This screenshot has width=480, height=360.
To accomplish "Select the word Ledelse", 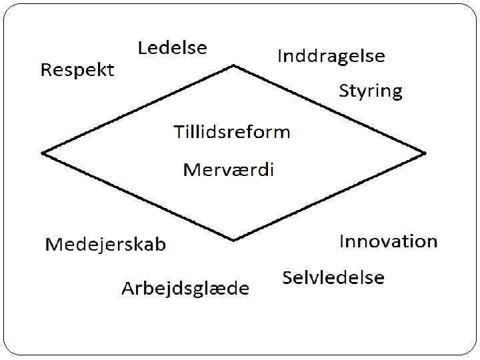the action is coord(172,48).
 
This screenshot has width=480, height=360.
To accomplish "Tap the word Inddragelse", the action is coord(331,57).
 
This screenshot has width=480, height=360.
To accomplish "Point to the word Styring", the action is coord(371,91).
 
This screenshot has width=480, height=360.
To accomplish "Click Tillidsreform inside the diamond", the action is coord(232,131).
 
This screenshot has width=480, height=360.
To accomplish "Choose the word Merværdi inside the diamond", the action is coord(229,169).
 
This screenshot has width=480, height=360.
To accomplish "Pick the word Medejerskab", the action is coord(105,245).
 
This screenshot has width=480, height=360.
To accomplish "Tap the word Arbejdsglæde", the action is coord(185,289).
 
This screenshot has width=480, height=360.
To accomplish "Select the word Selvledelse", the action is coord(333,277).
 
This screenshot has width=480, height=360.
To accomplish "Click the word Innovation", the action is coord(388,241).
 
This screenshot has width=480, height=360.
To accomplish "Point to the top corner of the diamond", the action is coord(233,65).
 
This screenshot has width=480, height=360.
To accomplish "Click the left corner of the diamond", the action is coord(43,153).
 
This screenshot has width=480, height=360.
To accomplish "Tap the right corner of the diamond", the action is coord(425,153).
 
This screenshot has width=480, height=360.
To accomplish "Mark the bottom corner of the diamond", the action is coord(233,239).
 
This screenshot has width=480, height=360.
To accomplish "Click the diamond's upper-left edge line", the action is coord(138,109).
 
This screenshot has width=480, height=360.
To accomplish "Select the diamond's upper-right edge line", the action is coord(329,109).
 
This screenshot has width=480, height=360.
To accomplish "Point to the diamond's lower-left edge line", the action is coord(138,196).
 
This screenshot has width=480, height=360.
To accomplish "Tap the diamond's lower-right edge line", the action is coord(329,196).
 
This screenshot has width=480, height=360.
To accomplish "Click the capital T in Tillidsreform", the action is coord(178,131).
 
